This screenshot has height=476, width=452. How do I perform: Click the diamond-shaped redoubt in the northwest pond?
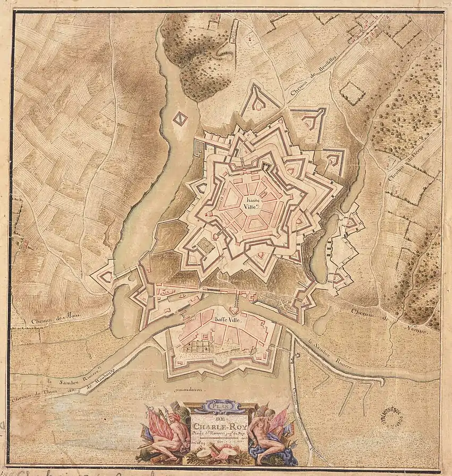pos(180,119)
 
